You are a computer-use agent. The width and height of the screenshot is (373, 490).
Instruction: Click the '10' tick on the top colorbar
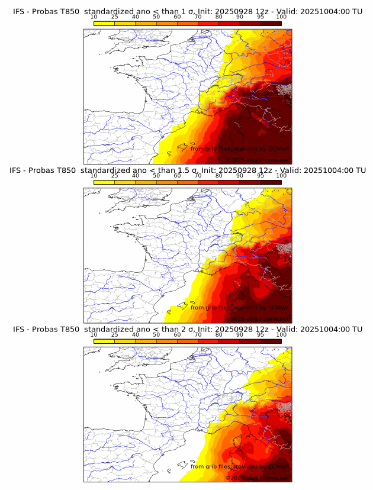[x=94, y=17]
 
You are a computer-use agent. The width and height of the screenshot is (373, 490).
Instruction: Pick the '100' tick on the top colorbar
[x=281, y=17]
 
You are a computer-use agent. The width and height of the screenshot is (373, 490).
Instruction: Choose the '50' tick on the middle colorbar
[x=156, y=176]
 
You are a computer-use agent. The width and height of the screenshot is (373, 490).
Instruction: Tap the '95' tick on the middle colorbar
[x=261, y=176]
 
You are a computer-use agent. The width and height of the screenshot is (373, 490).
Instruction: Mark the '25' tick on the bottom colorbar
[x=115, y=335]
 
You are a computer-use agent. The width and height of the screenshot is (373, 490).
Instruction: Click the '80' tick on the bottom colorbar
[x=219, y=335]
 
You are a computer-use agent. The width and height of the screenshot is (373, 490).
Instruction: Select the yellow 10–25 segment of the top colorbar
[x=104, y=23]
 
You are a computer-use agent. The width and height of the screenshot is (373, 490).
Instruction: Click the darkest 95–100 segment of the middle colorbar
[x=271, y=182]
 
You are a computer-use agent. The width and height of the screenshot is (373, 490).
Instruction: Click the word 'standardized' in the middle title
[x=109, y=170]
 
